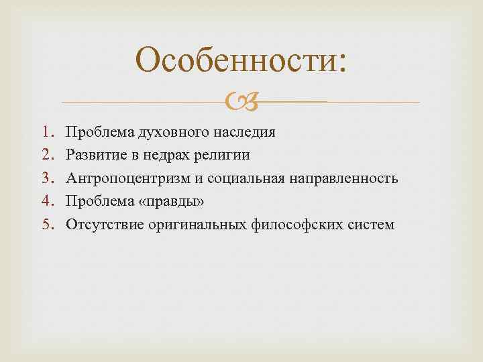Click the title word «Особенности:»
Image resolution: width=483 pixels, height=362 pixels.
click(x=241, y=62)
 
